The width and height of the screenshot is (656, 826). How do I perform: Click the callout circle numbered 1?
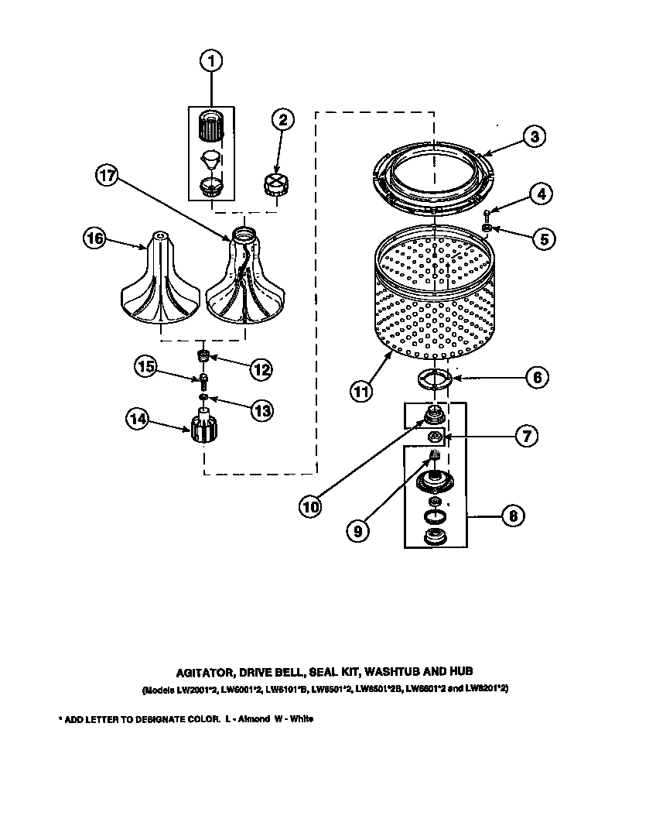pyautogui.click(x=210, y=60)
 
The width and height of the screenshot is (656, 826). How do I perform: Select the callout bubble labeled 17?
pyautogui.click(x=109, y=176)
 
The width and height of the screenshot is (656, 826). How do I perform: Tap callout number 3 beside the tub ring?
pyautogui.click(x=535, y=136)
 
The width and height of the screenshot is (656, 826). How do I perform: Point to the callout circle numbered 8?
pyautogui.click(x=511, y=516)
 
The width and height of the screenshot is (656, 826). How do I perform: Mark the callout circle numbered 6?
pyautogui.click(x=536, y=377)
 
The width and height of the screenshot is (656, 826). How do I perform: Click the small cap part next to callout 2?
pyautogui.click(x=273, y=187)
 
